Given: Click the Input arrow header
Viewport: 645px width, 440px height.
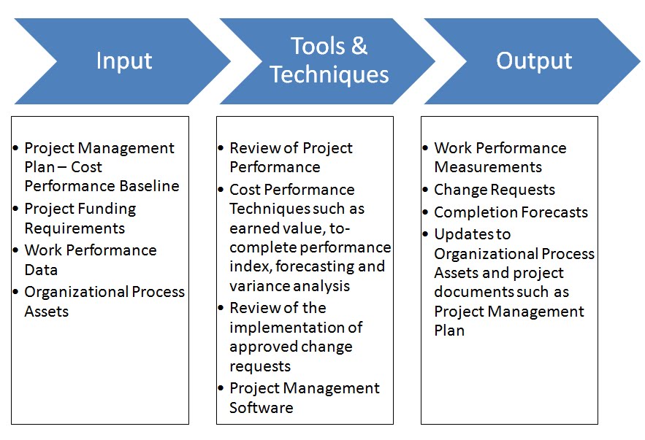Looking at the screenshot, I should click(x=123, y=61).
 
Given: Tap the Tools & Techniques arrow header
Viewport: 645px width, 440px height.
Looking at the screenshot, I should click(x=329, y=61).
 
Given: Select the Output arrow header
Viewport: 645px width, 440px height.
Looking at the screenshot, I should click(x=533, y=61).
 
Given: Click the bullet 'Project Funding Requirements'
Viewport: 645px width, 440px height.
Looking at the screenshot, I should click(x=80, y=218).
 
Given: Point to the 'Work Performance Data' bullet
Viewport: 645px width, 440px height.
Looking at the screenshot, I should click(x=90, y=260).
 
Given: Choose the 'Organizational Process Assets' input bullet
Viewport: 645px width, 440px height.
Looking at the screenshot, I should click(x=104, y=301).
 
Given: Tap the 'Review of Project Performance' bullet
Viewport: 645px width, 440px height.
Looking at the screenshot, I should click(x=290, y=158).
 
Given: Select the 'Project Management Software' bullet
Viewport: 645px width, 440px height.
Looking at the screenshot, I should click(x=304, y=398).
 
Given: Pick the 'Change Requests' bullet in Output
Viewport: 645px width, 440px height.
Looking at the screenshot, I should click(x=494, y=190).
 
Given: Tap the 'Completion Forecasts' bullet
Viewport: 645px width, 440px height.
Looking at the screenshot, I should click(x=510, y=212).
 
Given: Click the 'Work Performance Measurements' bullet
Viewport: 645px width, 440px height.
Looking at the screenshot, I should click(x=500, y=158).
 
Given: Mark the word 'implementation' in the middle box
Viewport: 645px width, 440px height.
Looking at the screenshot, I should click(x=295, y=327).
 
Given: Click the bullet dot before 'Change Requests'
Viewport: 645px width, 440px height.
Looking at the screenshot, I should click(x=427, y=190).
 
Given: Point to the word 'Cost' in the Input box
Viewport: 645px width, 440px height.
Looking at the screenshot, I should click(x=86, y=167).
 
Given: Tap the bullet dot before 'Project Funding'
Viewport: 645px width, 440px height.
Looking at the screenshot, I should click(x=17, y=209).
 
